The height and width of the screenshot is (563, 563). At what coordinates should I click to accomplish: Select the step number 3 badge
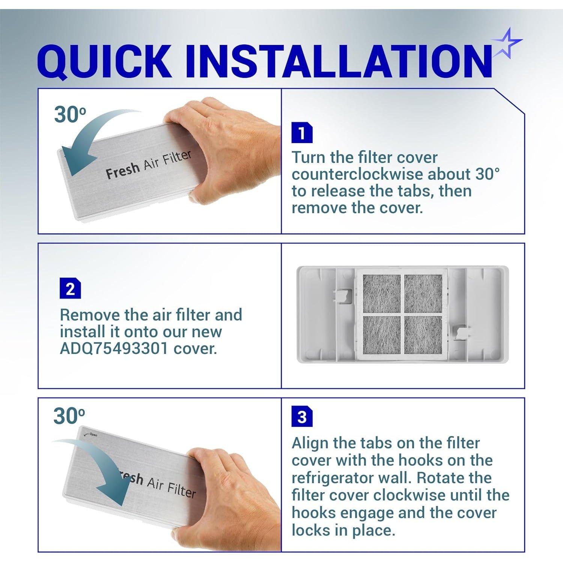tap(302, 416)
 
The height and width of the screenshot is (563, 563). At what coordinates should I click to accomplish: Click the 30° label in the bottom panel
tap(69, 415)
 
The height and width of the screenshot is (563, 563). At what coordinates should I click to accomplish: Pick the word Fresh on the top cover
tap(122, 171)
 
